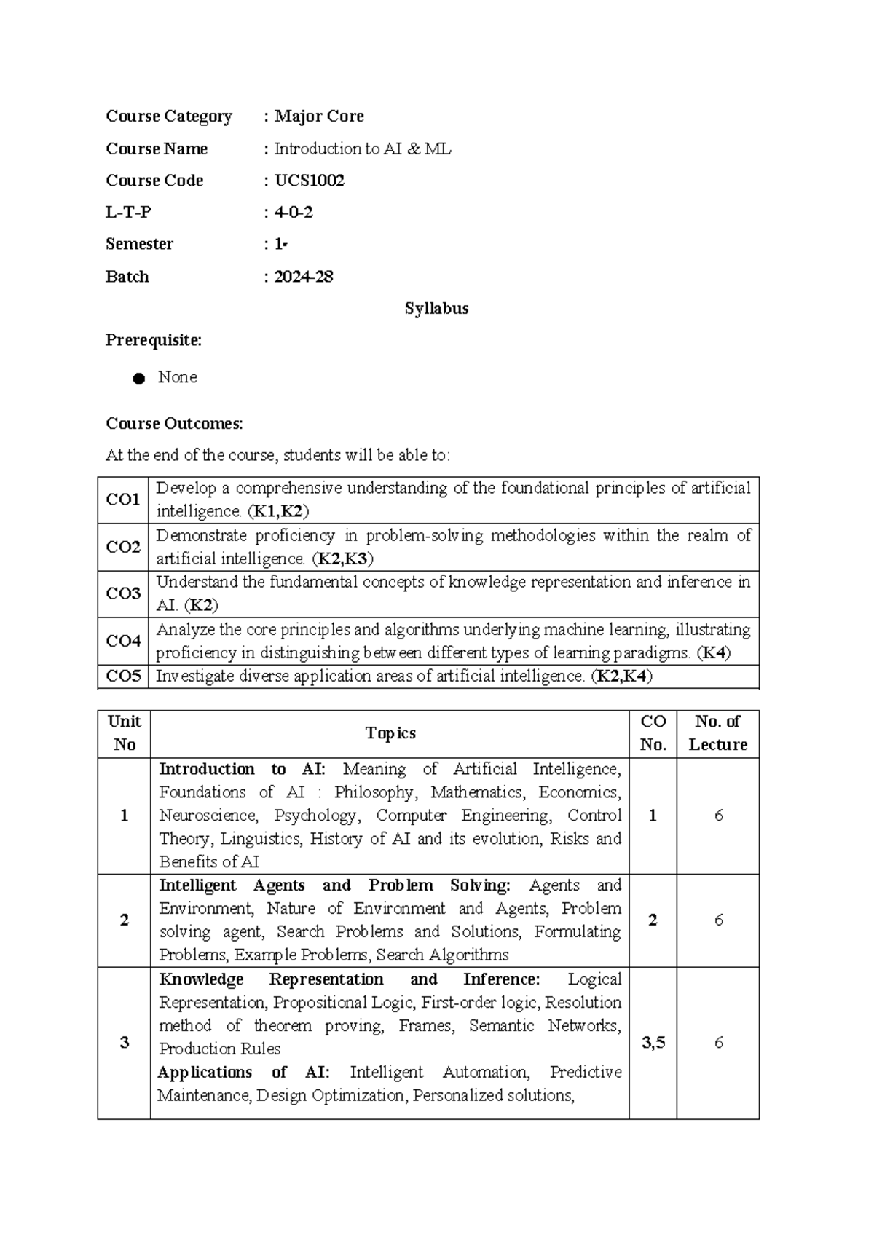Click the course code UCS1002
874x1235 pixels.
(x=309, y=181)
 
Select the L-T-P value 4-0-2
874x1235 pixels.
(x=294, y=213)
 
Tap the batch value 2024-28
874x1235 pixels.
(x=303, y=277)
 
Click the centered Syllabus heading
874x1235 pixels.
(x=436, y=309)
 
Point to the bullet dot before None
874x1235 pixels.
(x=139, y=379)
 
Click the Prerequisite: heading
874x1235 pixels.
(x=154, y=340)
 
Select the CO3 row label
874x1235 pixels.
(x=123, y=593)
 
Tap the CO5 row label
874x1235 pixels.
(x=123, y=676)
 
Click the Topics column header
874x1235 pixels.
(x=390, y=733)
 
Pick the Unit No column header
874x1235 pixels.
(x=124, y=733)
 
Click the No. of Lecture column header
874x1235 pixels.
(x=717, y=733)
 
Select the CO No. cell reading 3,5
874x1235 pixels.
(x=653, y=1043)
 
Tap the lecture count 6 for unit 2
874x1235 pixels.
(x=718, y=920)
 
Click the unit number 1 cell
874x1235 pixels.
(x=124, y=816)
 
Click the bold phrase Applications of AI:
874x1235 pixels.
(x=243, y=1073)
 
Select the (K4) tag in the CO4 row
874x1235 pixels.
(x=713, y=652)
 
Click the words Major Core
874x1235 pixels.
(x=318, y=117)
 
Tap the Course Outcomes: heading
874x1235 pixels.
(x=174, y=424)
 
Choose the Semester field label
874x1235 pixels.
(x=139, y=245)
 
